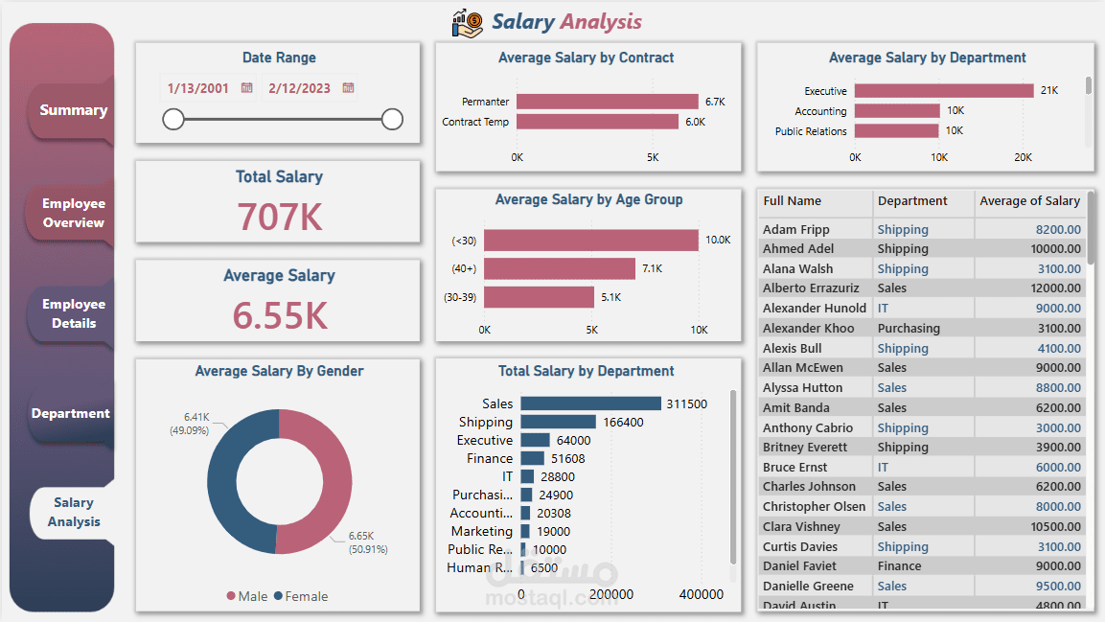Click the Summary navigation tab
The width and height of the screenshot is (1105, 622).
(x=73, y=110)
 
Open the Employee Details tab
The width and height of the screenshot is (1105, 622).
(x=73, y=313)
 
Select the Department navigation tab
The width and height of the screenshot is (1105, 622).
(x=71, y=413)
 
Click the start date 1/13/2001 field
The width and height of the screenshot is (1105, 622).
(x=197, y=88)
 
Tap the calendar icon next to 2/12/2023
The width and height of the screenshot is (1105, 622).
(x=348, y=88)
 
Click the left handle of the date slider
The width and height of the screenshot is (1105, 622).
(x=173, y=119)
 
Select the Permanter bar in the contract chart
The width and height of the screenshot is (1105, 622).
(x=608, y=102)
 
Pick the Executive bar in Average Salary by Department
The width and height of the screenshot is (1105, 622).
(x=944, y=91)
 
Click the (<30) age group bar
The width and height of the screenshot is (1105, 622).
(x=591, y=240)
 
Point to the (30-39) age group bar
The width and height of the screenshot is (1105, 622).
(x=539, y=297)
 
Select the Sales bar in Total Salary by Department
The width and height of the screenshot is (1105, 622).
(x=590, y=403)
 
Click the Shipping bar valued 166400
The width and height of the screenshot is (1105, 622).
(x=558, y=422)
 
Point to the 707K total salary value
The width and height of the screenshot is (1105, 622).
(x=280, y=218)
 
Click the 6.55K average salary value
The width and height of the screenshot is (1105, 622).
(x=280, y=315)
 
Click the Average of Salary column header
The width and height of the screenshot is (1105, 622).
(x=1029, y=201)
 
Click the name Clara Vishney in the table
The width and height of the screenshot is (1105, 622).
(x=801, y=526)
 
